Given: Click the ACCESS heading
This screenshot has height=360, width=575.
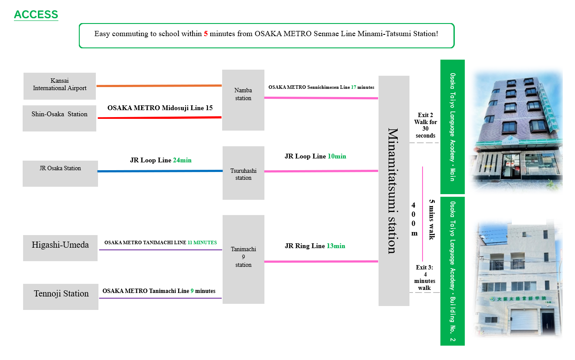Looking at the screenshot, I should click(x=36, y=14).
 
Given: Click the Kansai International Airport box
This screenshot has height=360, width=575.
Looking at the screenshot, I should click(x=60, y=86).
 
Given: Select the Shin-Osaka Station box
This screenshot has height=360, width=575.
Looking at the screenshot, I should click(x=60, y=118).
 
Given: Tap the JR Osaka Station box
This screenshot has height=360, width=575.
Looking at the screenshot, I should click(x=60, y=173).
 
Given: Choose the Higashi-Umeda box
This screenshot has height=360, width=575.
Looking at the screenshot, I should click(x=60, y=248).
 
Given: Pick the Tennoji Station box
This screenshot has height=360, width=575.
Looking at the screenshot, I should click(x=61, y=296).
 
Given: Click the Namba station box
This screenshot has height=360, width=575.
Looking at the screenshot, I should click(x=243, y=100).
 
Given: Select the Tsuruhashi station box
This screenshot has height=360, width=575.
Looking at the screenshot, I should click(x=243, y=173).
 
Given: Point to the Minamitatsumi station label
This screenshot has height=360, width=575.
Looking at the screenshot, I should click(x=393, y=191).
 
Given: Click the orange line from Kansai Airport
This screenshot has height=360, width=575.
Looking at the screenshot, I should click(x=159, y=86).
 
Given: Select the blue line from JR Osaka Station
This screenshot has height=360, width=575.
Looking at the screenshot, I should click(x=160, y=171).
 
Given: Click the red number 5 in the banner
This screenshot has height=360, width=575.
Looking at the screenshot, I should click(x=206, y=34).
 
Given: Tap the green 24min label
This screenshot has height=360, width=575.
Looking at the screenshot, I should click(x=182, y=160).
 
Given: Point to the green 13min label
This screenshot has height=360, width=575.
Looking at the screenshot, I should click(x=336, y=246).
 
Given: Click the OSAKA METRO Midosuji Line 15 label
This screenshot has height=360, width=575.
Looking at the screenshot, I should click(x=160, y=108).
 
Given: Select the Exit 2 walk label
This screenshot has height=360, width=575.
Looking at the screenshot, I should click(x=426, y=125).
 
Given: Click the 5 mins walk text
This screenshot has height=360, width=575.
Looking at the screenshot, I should click(x=432, y=219).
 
